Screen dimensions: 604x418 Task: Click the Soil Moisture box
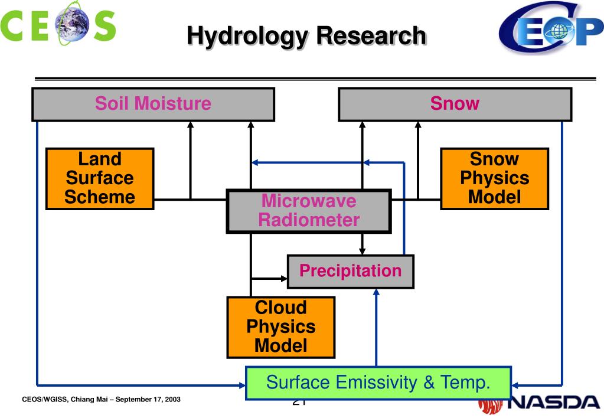[153, 104]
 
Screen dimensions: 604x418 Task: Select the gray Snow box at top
[455, 104]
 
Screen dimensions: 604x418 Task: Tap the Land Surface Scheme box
[100, 178]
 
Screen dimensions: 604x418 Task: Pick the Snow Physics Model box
[494, 178]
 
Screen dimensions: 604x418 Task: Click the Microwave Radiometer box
[309, 211]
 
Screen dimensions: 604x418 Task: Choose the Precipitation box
[350, 271]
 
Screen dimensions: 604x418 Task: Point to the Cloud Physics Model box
[280, 326]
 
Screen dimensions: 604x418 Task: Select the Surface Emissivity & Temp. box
[378, 383]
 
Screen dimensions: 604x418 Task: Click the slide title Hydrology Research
[306, 36]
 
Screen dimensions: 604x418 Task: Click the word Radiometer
[309, 221]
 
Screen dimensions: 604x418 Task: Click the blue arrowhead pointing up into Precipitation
[376, 292]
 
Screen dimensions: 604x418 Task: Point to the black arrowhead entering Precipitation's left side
[283, 277]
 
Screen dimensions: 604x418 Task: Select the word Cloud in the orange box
[280, 308]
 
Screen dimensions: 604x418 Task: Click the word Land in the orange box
[100, 159]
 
